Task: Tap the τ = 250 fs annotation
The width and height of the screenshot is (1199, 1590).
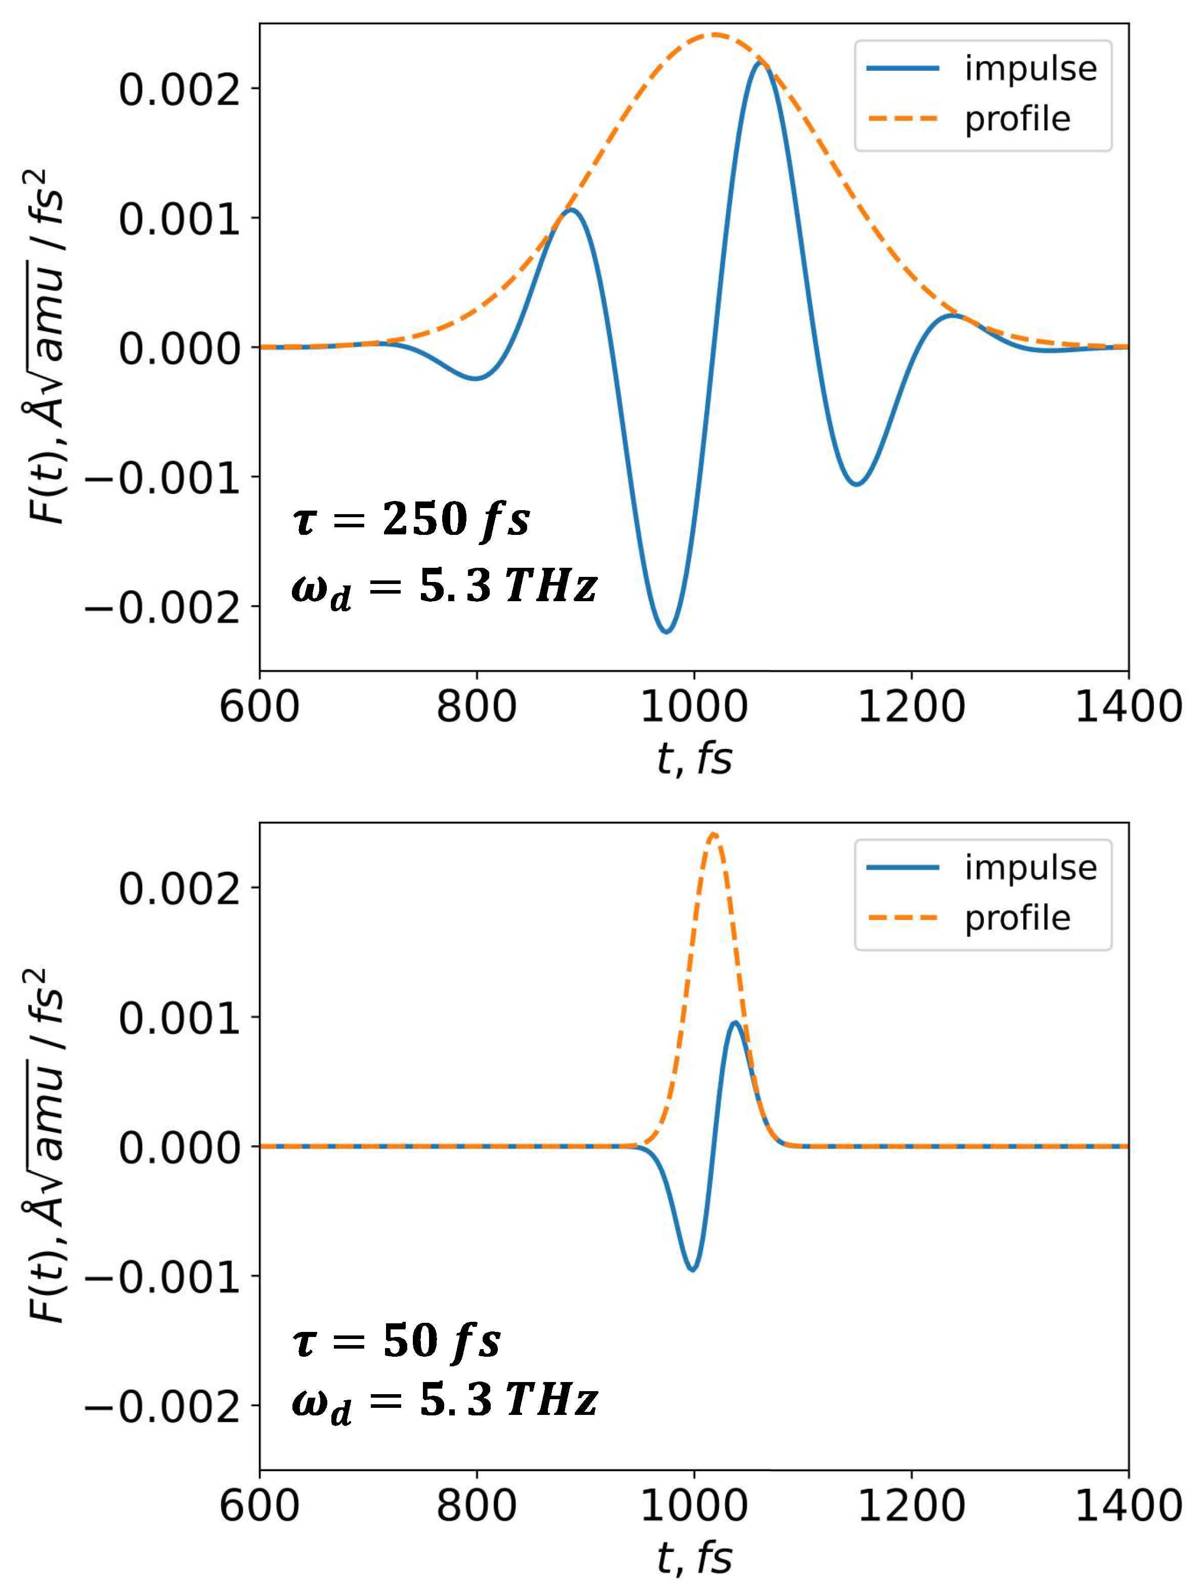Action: tap(411, 519)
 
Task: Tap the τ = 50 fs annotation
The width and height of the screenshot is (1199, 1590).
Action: tap(397, 1342)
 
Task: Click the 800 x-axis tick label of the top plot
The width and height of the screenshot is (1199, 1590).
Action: tap(476, 706)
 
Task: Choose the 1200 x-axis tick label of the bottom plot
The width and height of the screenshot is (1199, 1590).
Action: tap(911, 1505)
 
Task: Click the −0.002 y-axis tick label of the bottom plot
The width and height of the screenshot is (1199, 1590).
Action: tap(162, 1406)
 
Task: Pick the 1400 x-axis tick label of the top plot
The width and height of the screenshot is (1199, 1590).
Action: tap(1127, 706)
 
